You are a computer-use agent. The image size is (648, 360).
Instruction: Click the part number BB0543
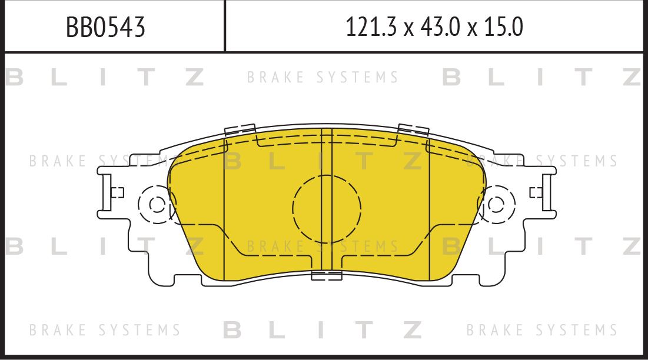[105, 27]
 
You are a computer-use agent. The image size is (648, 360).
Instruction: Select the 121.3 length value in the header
[368, 27]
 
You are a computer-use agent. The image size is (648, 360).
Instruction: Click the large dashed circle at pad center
[327, 208]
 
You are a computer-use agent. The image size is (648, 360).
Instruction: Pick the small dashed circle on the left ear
[157, 205]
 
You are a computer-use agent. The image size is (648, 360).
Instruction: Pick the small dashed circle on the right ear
[496, 205]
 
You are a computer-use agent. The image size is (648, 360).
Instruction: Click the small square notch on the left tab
[117, 192]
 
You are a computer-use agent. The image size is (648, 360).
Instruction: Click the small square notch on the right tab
[536, 192]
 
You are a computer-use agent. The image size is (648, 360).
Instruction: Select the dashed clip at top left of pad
[240, 130]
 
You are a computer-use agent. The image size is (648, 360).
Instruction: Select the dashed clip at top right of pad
[413, 130]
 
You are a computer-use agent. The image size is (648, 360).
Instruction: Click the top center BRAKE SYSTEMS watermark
[323, 78]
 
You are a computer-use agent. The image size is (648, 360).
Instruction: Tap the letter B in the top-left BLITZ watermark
[15, 78]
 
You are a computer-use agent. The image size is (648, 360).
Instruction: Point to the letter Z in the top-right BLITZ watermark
[631, 78]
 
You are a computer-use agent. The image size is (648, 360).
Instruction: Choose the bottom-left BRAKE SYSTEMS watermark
[105, 330]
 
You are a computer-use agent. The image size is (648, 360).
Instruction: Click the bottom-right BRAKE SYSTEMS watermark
[542, 330]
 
